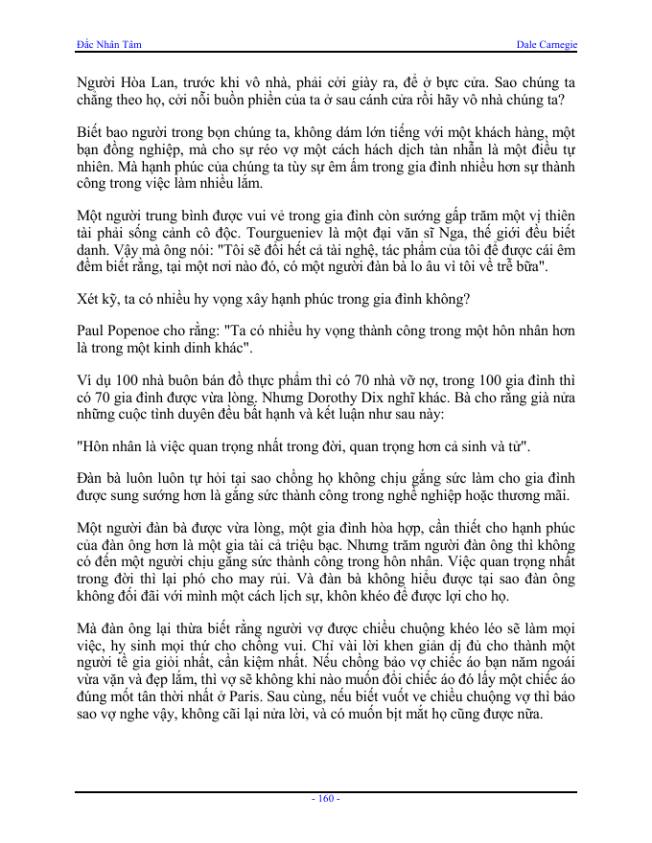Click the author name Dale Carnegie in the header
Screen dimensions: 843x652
[x=546, y=45]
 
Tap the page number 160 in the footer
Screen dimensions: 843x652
[x=326, y=798]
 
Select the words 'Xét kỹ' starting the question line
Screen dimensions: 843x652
[x=94, y=299]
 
